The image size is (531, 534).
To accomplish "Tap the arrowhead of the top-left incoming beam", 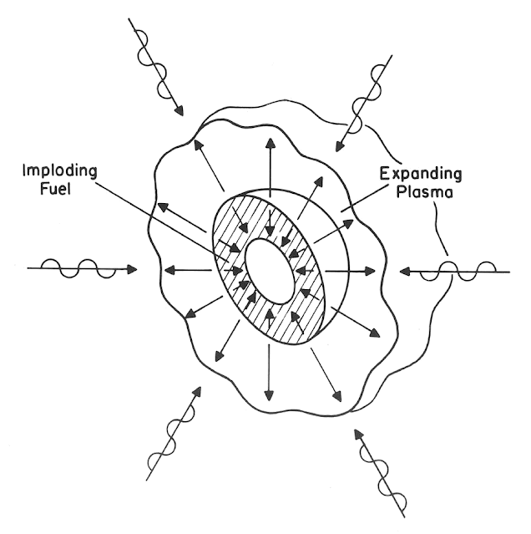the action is (178, 112).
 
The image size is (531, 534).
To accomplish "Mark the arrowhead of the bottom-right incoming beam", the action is (357, 432).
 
